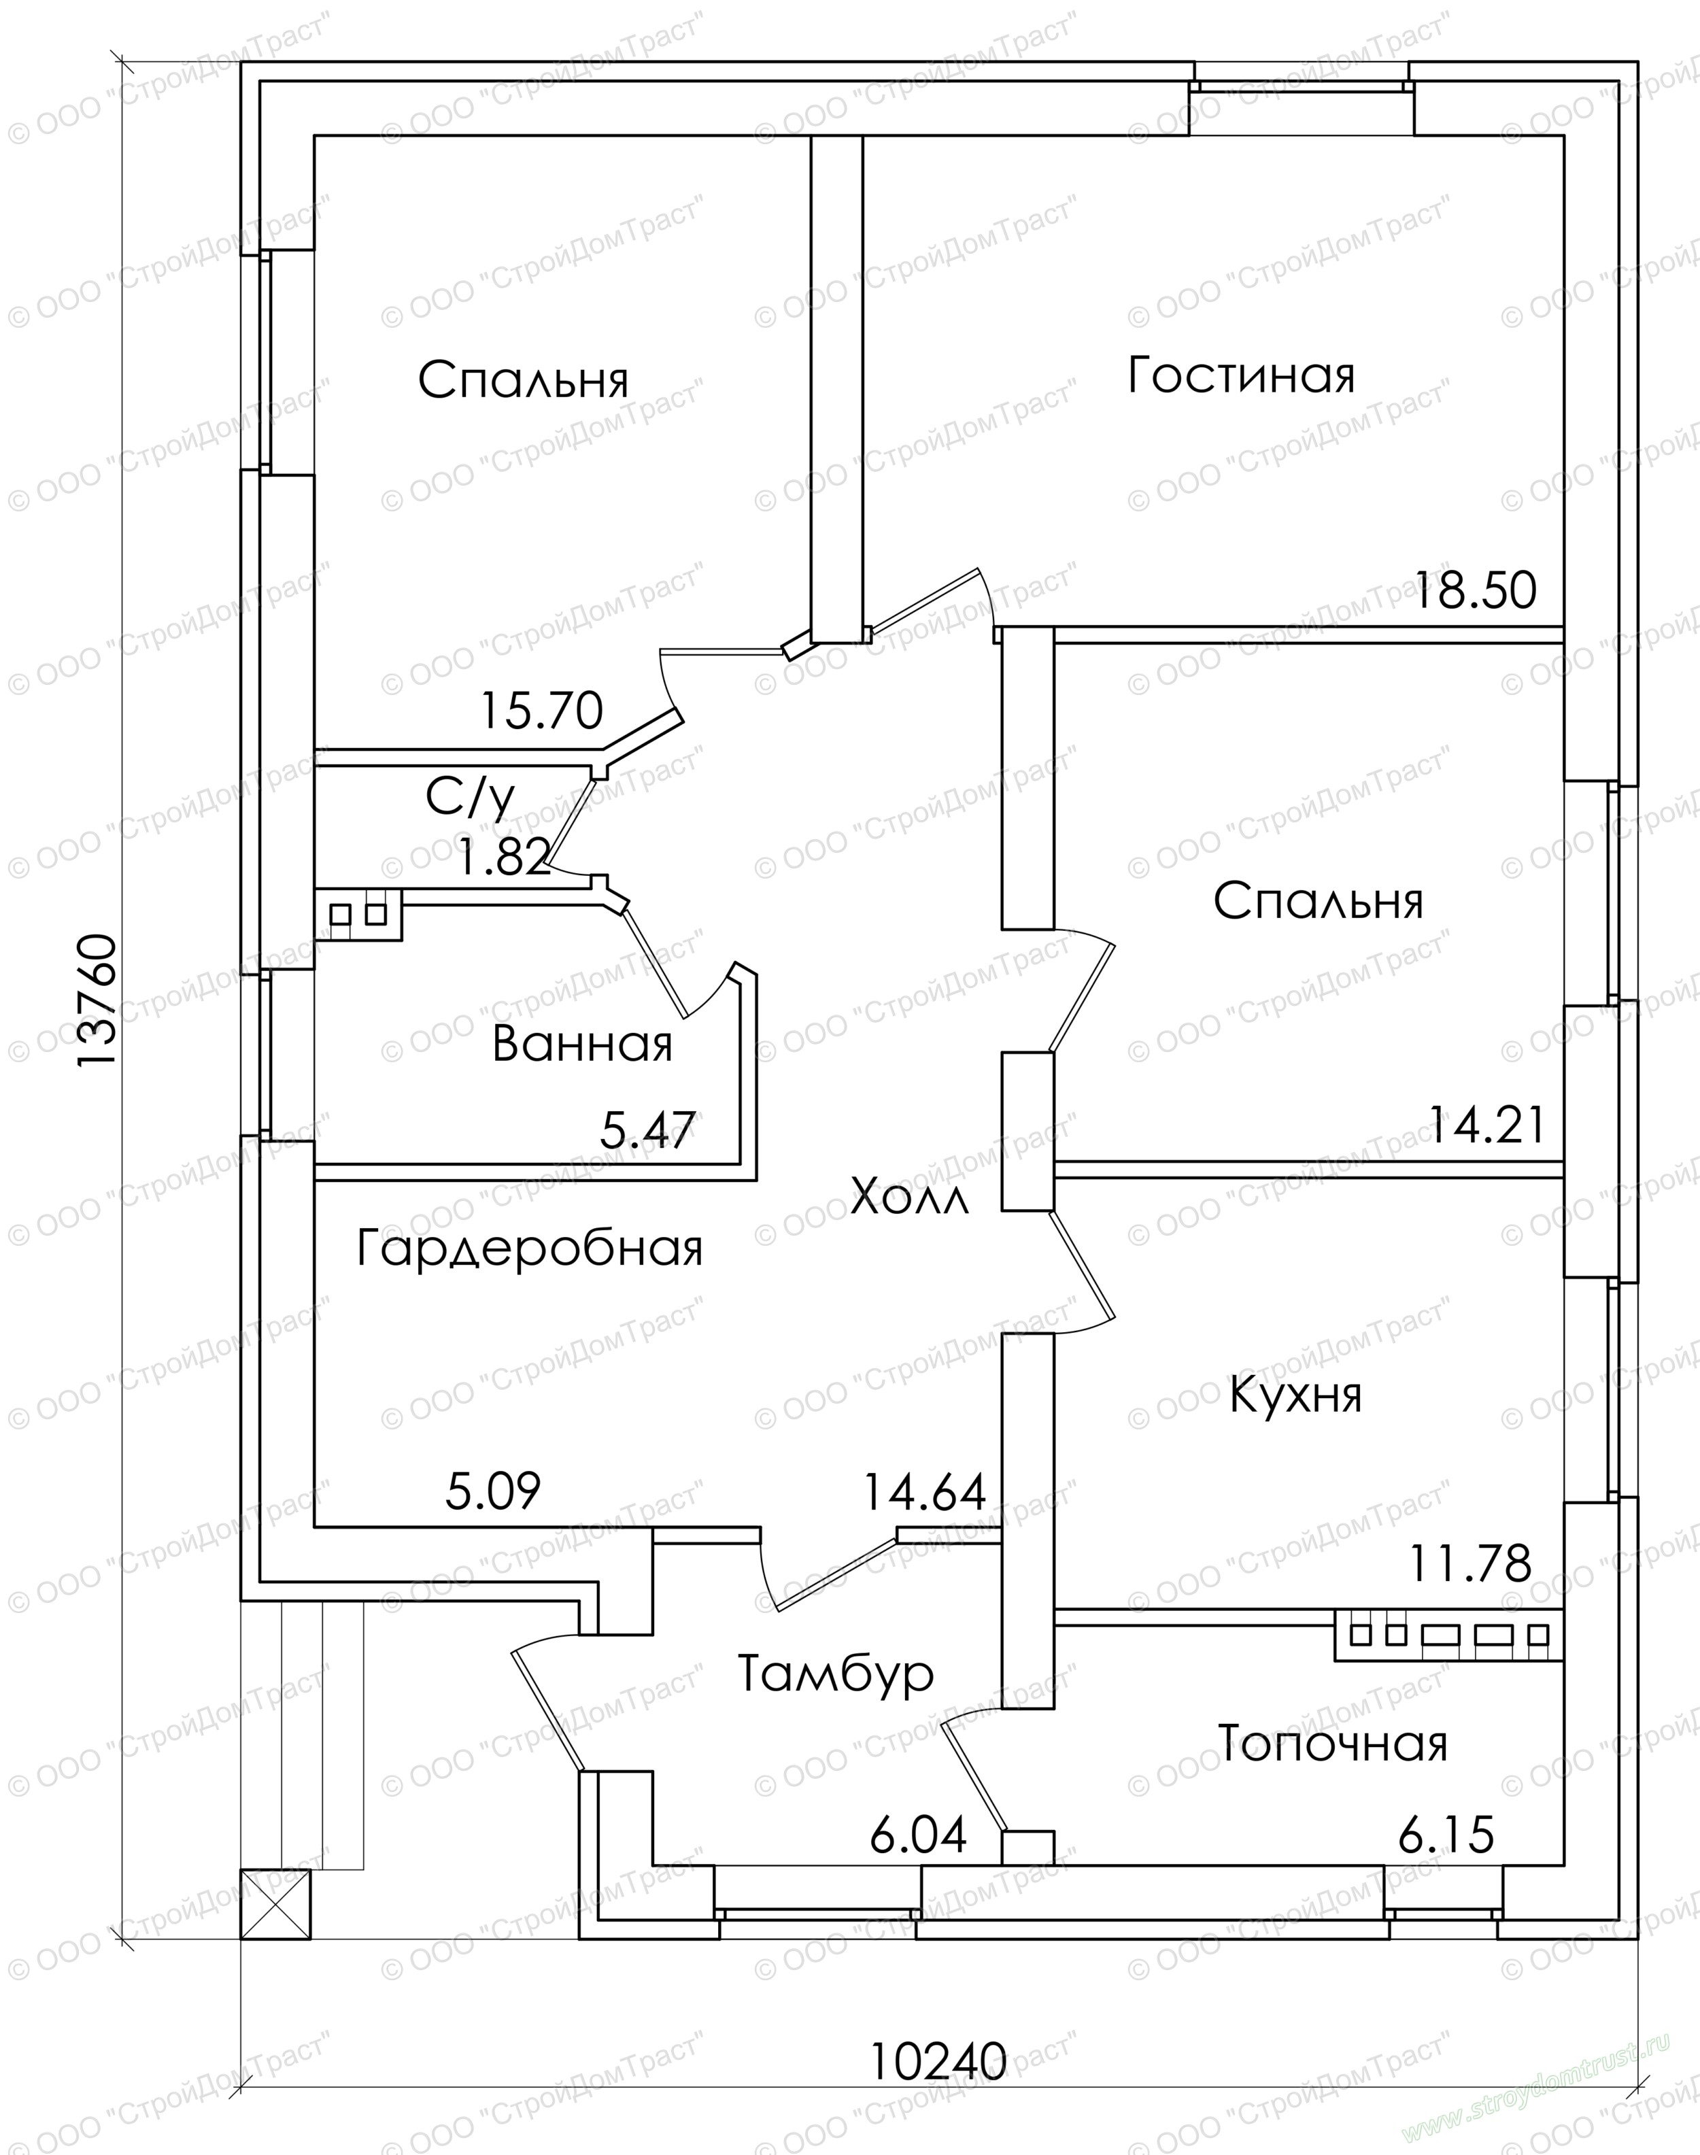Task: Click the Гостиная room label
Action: tap(1241, 376)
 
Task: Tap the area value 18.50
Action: tap(1476, 590)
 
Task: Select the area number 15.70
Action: tap(541, 711)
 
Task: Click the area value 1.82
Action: tap(504, 856)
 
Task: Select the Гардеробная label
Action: tap(530, 1249)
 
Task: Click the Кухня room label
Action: tap(1296, 1395)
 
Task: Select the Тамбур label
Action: tap(836, 1674)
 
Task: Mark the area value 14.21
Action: tap(1488, 1125)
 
